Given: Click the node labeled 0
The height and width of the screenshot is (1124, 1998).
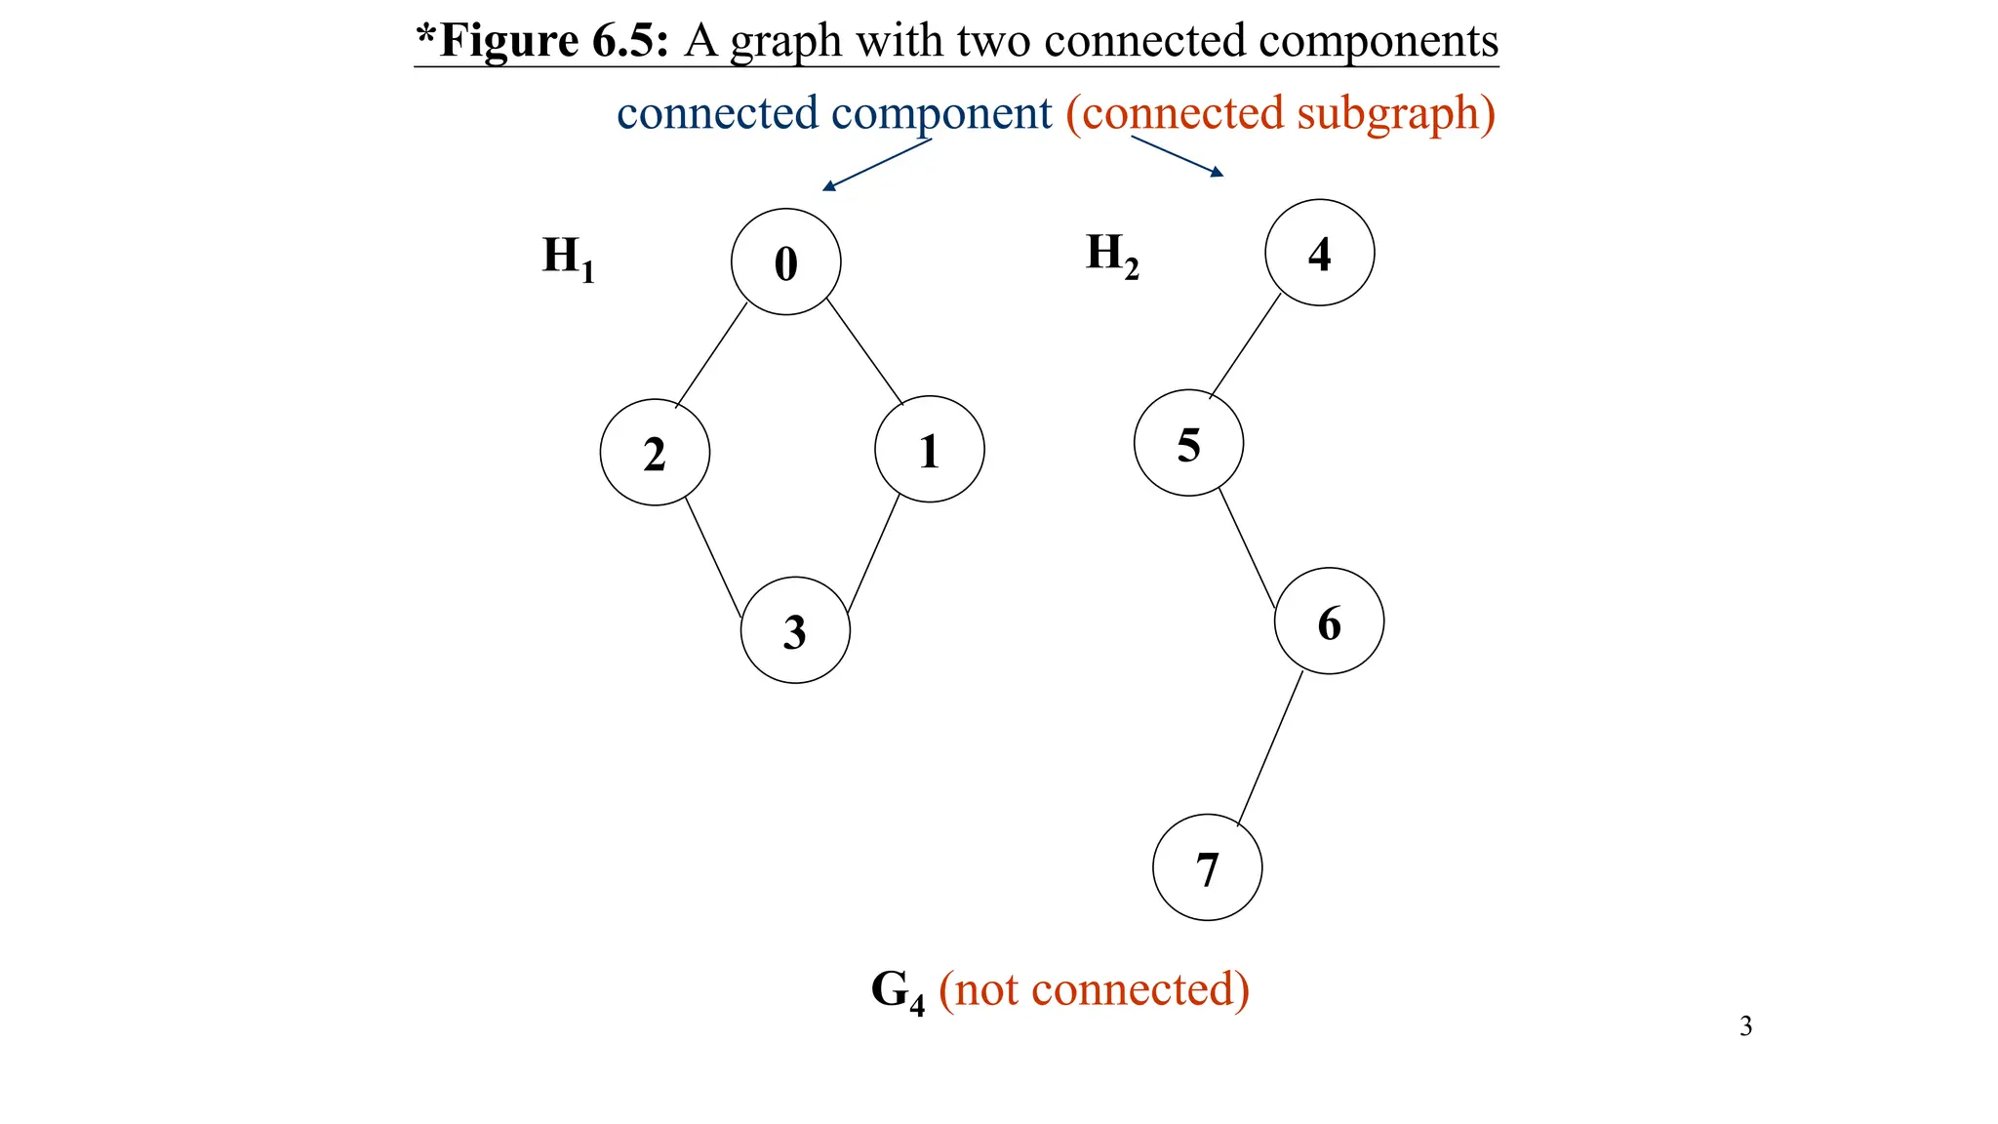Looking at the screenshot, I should [785, 261].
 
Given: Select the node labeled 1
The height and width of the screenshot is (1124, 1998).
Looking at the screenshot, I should [929, 450].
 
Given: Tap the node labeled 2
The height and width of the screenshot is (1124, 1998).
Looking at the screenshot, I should [655, 453].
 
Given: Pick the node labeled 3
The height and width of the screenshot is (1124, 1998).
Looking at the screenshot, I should [795, 630].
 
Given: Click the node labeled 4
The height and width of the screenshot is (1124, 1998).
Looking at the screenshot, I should [1319, 253].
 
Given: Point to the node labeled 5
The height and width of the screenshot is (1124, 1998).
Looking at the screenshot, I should [1188, 443].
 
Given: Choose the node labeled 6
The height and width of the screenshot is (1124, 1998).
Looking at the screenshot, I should [1329, 622].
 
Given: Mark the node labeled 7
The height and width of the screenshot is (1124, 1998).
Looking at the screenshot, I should [1207, 867].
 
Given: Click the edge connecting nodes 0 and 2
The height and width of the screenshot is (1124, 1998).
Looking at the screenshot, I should [711, 355].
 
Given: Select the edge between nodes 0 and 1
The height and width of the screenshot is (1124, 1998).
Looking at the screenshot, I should [864, 351].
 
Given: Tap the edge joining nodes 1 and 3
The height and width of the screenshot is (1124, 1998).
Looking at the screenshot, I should [873, 554].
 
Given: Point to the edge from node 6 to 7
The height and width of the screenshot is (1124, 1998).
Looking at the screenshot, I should [1270, 748].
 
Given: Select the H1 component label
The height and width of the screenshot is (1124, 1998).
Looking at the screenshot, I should [568, 258].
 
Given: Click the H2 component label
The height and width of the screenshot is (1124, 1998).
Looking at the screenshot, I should [1111, 255].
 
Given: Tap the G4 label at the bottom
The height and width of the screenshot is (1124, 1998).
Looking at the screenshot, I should [897, 991].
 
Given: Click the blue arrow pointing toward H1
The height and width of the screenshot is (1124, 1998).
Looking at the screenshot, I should [876, 165].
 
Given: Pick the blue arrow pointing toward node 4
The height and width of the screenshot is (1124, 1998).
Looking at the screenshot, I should [1178, 156].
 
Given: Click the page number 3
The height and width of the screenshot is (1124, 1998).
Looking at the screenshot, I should [1745, 1026].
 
